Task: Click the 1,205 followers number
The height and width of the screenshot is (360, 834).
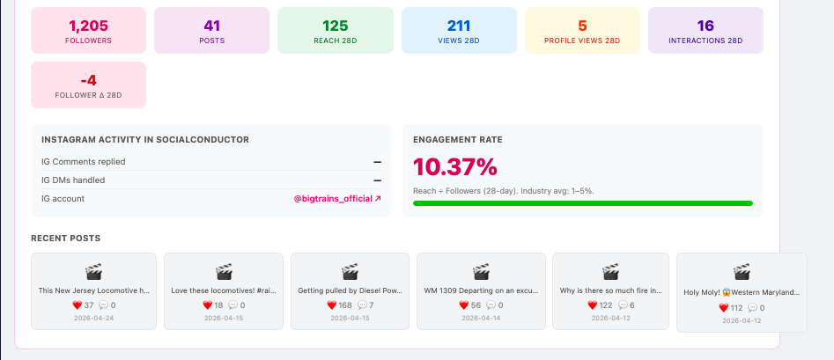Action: [88, 26]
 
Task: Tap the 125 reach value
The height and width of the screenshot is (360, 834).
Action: [335, 26]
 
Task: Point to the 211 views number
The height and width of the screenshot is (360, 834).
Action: [459, 26]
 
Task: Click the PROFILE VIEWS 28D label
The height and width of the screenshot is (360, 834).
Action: [582, 40]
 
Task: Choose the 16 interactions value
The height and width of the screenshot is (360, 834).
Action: [705, 26]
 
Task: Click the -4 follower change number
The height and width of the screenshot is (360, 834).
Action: [88, 80]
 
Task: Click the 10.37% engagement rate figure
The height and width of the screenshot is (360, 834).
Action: [455, 166]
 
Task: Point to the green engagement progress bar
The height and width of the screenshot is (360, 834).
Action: [582, 203]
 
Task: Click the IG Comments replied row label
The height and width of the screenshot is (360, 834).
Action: [83, 162]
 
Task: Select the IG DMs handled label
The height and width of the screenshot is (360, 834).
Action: [73, 180]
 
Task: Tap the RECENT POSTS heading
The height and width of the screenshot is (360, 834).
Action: [65, 238]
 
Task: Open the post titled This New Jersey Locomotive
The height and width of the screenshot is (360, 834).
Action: [94, 290]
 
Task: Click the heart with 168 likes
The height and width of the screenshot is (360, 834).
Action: [332, 305]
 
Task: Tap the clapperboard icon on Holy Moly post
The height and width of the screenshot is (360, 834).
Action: [742, 273]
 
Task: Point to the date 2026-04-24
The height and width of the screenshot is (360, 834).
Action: [94, 318]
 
